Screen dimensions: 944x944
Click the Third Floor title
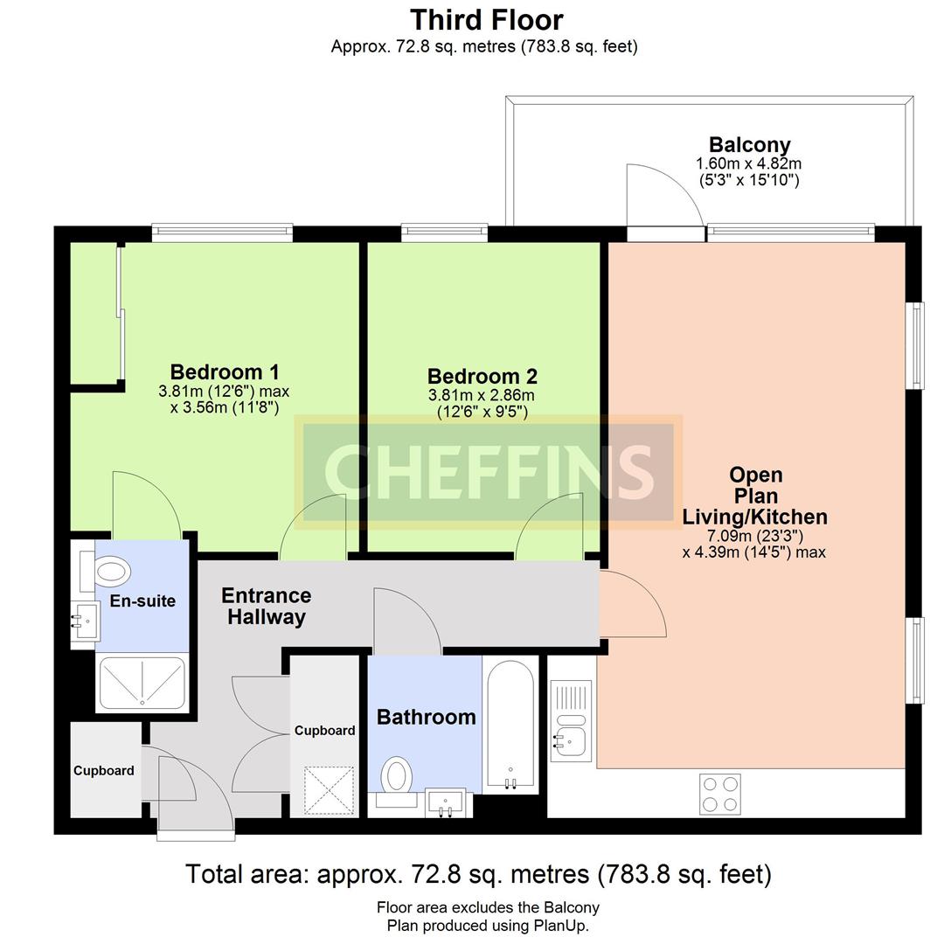pos(487,20)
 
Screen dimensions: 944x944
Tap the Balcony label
pos(750,144)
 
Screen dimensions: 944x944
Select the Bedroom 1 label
pos(225,371)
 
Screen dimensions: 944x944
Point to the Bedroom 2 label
pos(482,376)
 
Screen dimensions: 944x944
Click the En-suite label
pos(142,600)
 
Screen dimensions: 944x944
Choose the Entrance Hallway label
pos(266,607)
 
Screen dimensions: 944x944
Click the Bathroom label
pos(427,717)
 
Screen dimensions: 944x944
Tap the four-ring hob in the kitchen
pos(720,794)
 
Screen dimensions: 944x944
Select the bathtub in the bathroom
pos(510,725)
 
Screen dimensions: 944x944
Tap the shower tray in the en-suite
pos(142,683)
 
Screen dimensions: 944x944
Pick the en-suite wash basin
pos(86,622)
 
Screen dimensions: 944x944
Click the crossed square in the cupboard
pos(329,790)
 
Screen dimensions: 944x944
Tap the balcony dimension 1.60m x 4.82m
pos(749,163)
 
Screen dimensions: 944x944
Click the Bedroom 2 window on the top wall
pos(445,232)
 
